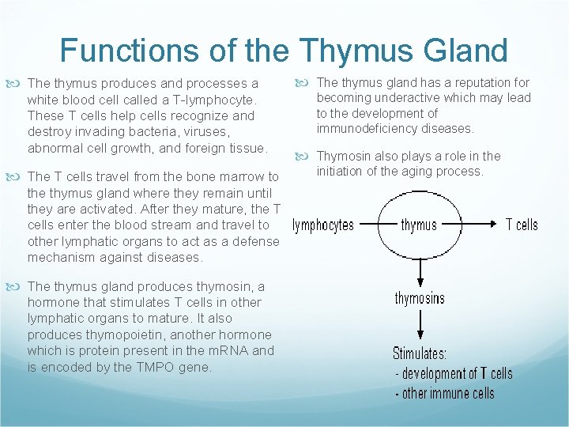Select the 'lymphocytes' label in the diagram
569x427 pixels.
[x=323, y=225]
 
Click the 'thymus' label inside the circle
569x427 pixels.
[x=419, y=225]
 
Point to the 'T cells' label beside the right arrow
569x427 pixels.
[x=522, y=225]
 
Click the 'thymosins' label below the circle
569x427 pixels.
[x=420, y=298]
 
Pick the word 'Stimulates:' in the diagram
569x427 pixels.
[x=420, y=353]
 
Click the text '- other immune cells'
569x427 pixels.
[x=444, y=393]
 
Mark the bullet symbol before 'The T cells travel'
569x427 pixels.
[x=18, y=176]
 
